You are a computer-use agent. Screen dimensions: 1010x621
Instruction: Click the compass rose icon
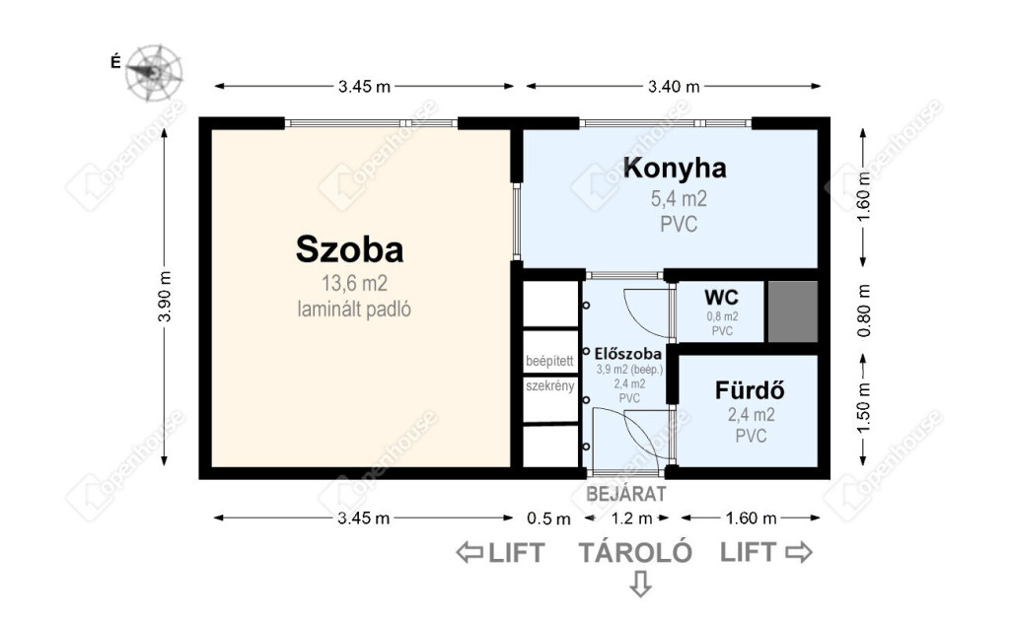153,72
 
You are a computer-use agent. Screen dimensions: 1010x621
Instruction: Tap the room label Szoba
350,249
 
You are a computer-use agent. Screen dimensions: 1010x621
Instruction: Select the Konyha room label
675,168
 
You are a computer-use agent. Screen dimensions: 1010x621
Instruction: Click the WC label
721,298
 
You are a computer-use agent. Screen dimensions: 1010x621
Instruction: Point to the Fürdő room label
750,390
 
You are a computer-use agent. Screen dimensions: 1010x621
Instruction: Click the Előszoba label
627,353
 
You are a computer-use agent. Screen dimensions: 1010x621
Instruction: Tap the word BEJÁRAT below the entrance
626,494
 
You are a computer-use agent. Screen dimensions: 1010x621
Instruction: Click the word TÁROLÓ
635,552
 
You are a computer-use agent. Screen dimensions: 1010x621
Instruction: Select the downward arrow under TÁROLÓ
640,583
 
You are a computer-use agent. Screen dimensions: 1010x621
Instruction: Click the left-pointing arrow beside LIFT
469,552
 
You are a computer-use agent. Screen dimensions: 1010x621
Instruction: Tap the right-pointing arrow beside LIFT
799,551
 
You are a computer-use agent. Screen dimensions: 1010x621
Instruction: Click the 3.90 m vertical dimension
165,296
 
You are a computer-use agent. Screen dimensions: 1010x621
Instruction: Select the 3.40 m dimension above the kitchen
674,86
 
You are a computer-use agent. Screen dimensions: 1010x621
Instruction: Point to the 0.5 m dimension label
548,518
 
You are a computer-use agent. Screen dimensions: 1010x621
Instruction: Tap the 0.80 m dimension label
864,310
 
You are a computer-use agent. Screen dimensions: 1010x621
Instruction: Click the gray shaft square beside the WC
792,311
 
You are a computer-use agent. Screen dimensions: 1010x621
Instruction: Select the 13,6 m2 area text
354,283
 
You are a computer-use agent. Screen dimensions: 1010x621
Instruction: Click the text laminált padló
354,309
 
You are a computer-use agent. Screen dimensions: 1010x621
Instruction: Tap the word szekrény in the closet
550,386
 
